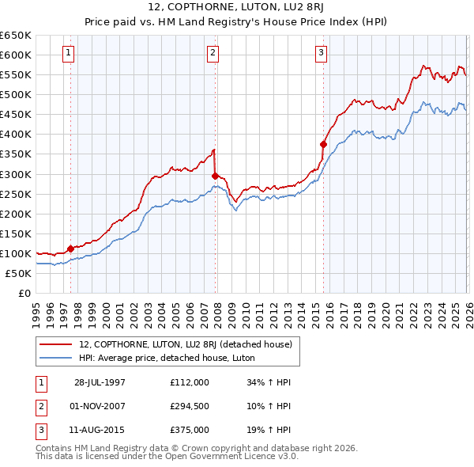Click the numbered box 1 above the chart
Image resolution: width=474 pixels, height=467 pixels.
[69, 53]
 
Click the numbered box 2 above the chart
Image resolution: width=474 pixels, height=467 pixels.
[213, 53]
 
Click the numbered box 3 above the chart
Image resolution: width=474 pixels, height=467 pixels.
[322, 53]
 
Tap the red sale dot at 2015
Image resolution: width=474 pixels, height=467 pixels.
[323, 144]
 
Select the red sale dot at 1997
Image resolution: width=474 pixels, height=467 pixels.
[71, 249]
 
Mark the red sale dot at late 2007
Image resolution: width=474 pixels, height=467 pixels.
[214, 176]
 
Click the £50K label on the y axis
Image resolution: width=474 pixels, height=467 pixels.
[17, 273]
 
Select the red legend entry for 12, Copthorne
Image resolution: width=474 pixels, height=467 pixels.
[185, 344]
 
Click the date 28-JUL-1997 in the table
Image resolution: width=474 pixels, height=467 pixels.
[100, 382]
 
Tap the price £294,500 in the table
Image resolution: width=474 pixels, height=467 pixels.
[189, 406]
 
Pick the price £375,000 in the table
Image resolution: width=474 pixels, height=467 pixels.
[189, 431]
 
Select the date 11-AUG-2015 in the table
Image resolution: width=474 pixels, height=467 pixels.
[100, 431]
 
